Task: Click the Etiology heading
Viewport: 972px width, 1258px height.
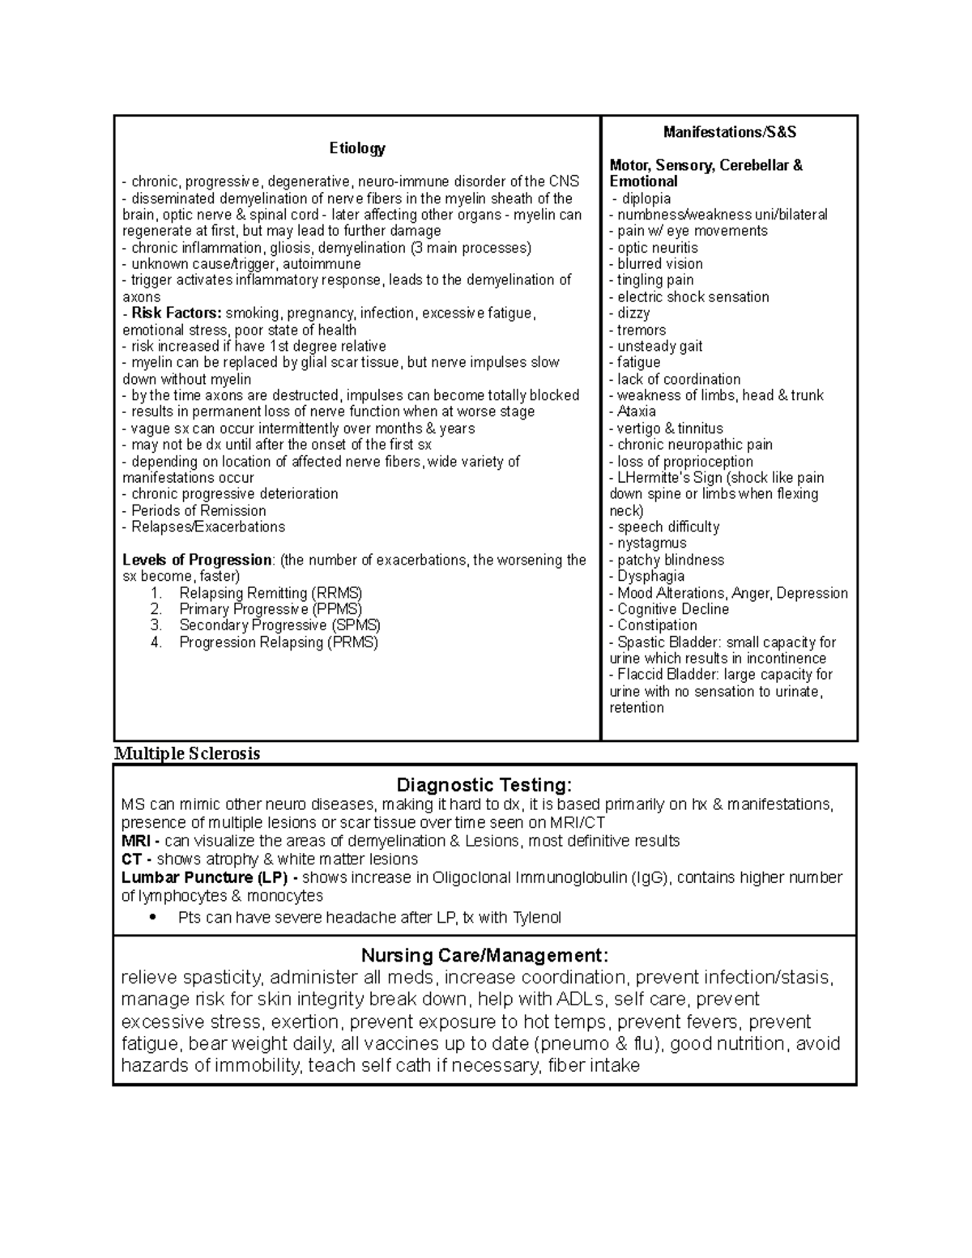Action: (x=356, y=148)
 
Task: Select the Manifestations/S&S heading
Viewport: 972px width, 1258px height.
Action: (x=729, y=132)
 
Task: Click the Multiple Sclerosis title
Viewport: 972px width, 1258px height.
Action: (x=187, y=753)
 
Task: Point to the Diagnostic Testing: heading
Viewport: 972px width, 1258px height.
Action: (x=484, y=785)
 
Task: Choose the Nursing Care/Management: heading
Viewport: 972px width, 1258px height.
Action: (x=484, y=955)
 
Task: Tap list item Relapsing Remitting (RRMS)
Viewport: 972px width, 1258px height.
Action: (x=271, y=593)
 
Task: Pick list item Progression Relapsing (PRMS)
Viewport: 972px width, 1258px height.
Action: (x=279, y=642)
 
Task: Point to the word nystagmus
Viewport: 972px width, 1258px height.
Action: (x=651, y=544)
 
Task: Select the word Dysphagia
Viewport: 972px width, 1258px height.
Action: (x=650, y=576)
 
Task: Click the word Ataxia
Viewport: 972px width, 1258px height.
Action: (x=637, y=412)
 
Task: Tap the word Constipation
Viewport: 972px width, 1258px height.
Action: (x=657, y=625)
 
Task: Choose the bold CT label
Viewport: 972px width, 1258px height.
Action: (x=131, y=859)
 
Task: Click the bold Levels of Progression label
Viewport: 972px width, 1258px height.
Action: (x=197, y=560)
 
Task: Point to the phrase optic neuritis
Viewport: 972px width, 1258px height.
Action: (x=657, y=248)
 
